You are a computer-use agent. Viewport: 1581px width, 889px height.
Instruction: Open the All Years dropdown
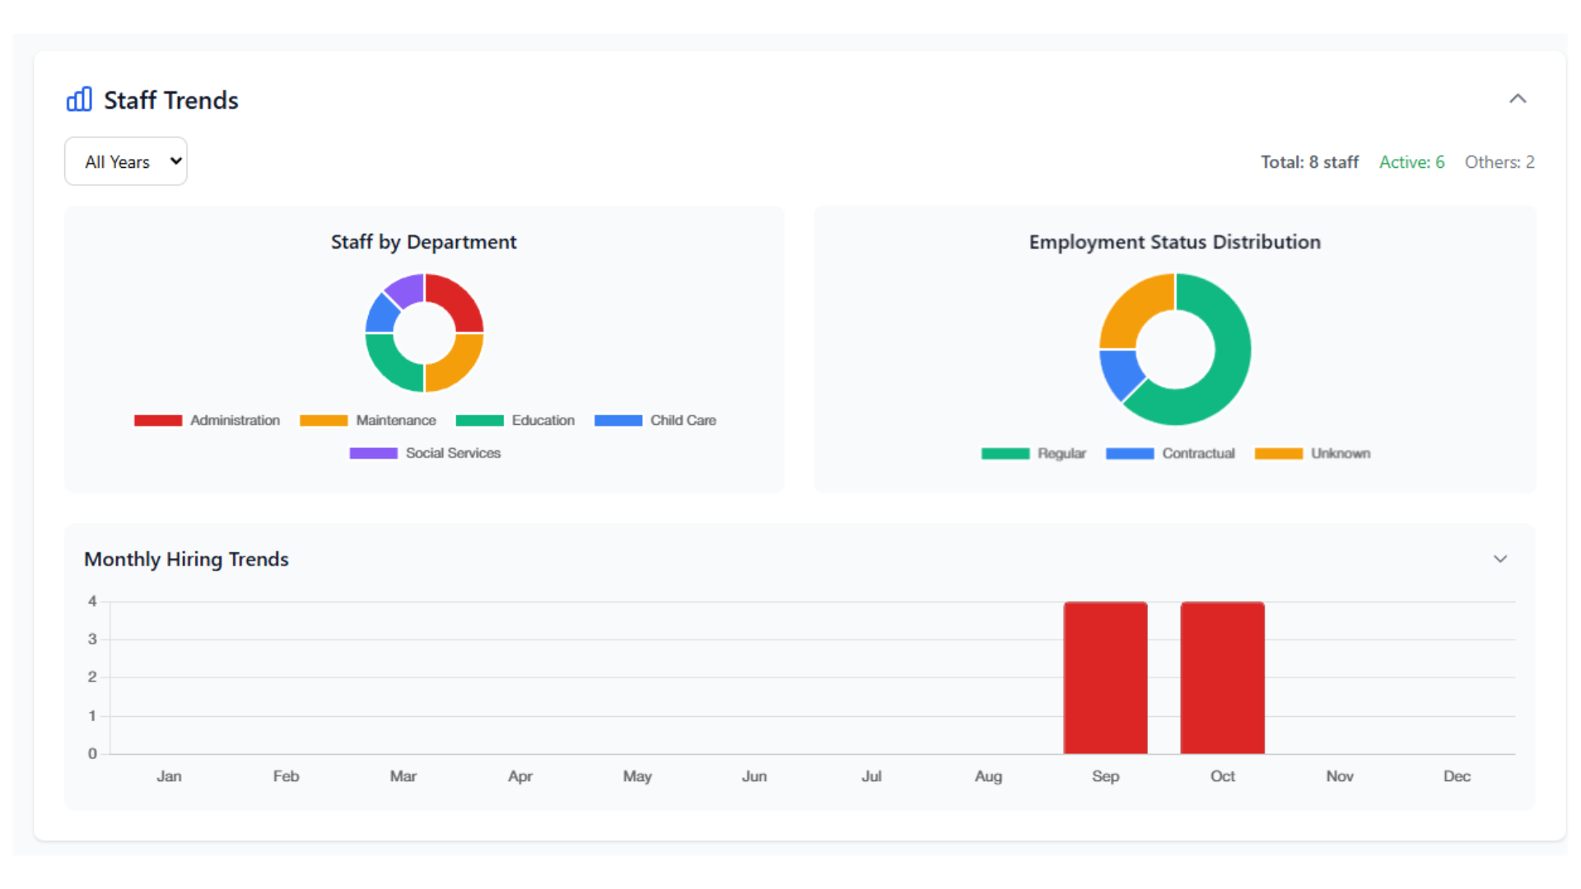tap(126, 161)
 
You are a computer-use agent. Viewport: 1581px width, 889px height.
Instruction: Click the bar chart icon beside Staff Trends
tap(79, 100)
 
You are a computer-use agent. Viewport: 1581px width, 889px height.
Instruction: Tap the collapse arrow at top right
tap(1517, 99)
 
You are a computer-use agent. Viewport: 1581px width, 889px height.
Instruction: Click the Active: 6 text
tap(1411, 162)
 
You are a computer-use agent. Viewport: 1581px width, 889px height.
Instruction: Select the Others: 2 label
tap(1499, 162)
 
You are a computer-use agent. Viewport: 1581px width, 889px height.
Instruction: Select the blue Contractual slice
tap(1120, 372)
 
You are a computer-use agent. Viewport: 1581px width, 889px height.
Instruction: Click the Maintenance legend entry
tap(369, 421)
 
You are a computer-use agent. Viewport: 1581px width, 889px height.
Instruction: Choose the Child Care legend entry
tap(655, 421)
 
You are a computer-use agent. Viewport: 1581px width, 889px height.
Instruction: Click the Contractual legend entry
tap(1170, 454)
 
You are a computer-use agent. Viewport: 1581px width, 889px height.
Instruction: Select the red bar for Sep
tap(1105, 677)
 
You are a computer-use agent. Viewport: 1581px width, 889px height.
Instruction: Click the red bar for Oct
tap(1222, 677)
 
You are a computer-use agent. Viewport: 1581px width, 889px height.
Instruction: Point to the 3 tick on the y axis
tap(92, 640)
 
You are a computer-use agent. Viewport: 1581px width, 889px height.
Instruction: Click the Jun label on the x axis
tap(753, 776)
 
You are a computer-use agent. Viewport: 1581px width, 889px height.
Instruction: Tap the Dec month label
tap(1456, 776)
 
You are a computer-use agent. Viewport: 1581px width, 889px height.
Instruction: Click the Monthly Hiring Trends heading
tap(186, 559)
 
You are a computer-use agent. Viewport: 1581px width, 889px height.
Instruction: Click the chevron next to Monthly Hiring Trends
tap(1499, 559)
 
